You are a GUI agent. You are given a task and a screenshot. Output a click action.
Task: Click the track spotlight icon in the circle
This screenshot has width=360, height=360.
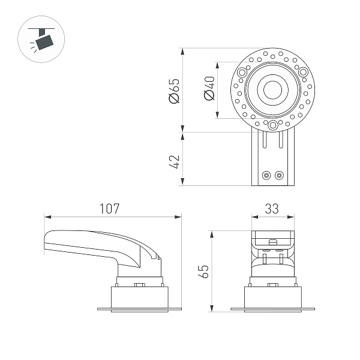(42, 40)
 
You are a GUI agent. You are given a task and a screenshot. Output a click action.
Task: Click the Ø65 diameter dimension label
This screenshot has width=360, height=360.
(175, 90)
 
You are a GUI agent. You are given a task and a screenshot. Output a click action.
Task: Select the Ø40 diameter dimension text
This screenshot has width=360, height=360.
(209, 89)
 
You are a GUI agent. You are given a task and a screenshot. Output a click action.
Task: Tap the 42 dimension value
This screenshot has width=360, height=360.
(175, 161)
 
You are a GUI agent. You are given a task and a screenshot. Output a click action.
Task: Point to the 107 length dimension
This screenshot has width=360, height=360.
(109, 209)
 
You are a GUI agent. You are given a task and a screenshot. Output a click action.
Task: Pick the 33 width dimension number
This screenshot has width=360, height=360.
(272, 209)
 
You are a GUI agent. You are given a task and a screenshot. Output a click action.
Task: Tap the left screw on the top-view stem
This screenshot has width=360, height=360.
(266, 175)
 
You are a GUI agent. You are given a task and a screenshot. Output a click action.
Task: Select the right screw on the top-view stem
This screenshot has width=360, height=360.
(278, 175)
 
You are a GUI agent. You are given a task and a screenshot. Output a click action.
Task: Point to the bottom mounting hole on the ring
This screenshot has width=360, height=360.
(273, 125)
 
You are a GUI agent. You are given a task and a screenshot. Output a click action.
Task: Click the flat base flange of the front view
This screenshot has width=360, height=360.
(272, 310)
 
